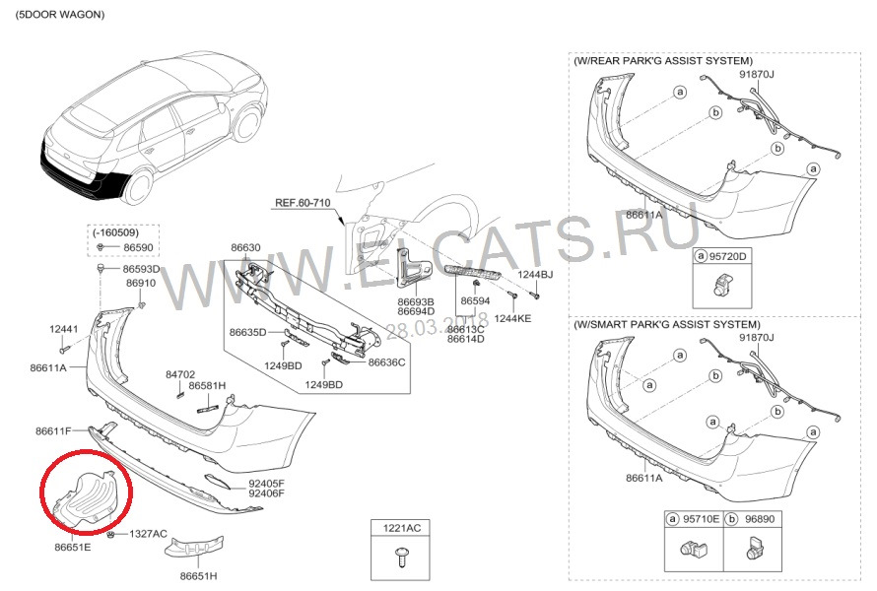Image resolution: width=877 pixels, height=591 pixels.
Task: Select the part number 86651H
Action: click(199, 574)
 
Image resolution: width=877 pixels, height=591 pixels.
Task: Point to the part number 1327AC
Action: click(149, 534)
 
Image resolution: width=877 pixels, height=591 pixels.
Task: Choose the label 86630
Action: click(245, 247)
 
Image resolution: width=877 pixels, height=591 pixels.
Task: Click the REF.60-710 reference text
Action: click(302, 202)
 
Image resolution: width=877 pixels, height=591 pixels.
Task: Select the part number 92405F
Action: click(266, 484)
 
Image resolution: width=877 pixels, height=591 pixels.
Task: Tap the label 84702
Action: click(180, 374)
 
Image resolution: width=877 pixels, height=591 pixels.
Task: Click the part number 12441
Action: click(64, 328)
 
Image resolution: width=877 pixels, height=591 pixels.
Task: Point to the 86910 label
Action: click(140, 283)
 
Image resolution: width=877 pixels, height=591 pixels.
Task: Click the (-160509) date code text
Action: click(117, 232)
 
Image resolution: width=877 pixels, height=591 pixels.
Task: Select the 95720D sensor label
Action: click(729, 256)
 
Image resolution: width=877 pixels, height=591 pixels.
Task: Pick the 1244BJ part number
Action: click(537, 275)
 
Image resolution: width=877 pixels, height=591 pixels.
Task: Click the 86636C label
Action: click(387, 361)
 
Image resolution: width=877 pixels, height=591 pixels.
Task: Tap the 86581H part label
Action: click(208, 385)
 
